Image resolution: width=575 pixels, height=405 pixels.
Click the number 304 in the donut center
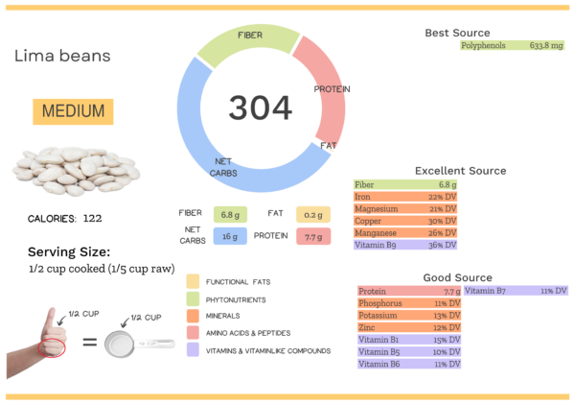click(260, 107)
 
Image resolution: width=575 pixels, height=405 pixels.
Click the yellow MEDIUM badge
click(72, 111)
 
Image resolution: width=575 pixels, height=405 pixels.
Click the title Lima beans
click(62, 56)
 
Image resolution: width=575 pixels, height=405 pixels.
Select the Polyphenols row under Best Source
click(512, 45)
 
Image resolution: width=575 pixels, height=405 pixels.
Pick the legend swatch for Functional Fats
click(193, 281)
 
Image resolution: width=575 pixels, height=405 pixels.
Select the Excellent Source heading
click(460, 171)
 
